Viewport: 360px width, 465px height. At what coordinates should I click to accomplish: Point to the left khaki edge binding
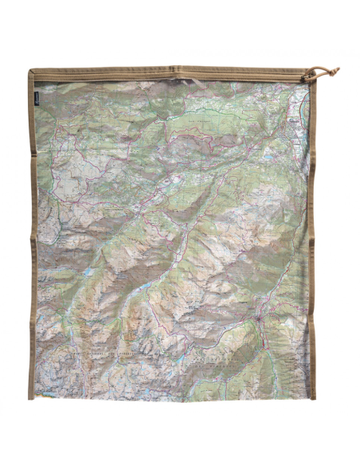[x=32, y=239]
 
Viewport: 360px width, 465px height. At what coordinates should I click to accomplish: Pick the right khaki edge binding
[x=312, y=239]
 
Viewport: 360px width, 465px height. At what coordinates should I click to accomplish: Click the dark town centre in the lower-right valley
[x=260, y=320]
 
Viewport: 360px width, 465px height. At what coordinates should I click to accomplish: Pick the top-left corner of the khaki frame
[x=30, y=70]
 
